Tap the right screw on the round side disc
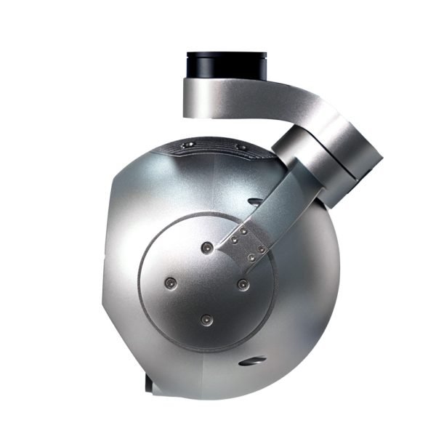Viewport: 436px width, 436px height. pyautogui.click(x=243, y=283)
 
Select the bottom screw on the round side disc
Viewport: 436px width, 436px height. pyautogui.click(x=206, y=318)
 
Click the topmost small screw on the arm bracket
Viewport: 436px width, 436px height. pyautogui.click(x=244, y=231)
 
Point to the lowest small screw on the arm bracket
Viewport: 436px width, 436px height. pyautogui.click(x=251, y=257)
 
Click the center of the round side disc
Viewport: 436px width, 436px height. pyautogui.click(x=206, y=283)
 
